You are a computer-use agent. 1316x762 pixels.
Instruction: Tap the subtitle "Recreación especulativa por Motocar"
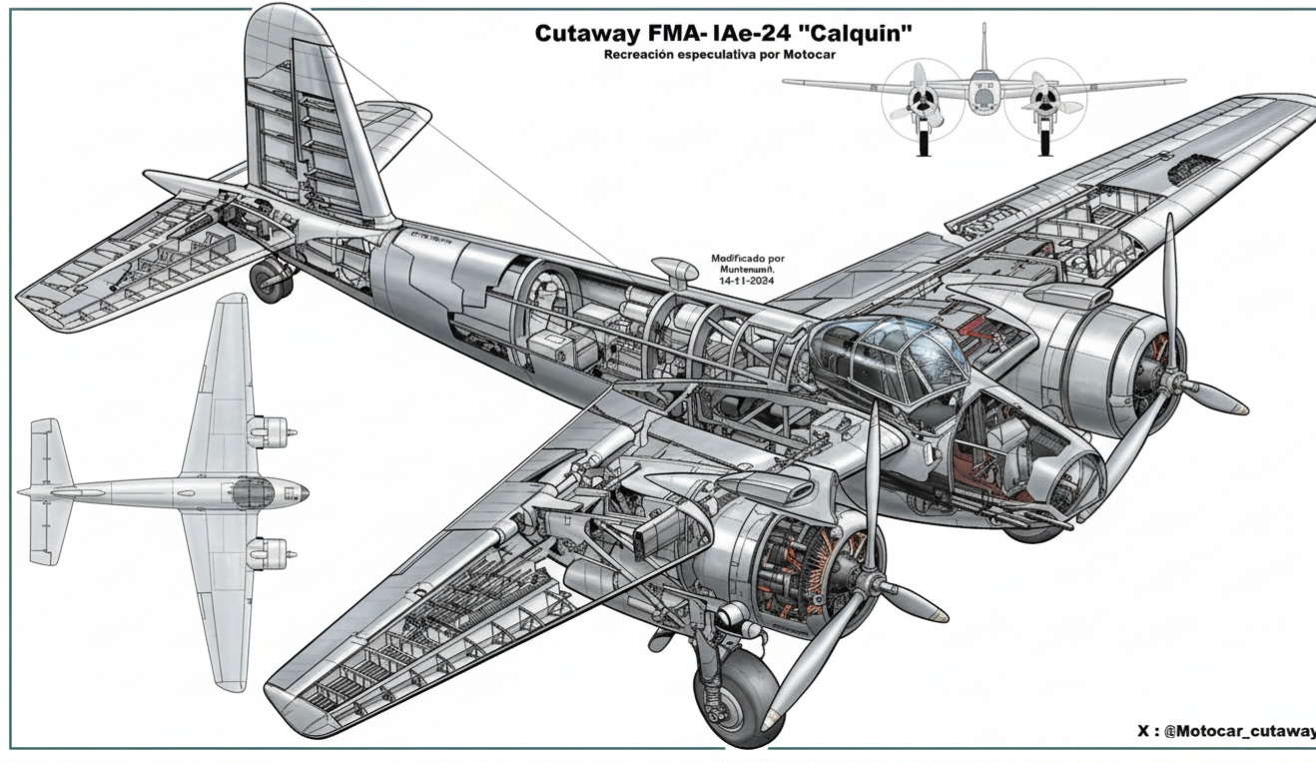tap(719, 55)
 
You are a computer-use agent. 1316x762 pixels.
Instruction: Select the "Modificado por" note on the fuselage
tap(748, 258)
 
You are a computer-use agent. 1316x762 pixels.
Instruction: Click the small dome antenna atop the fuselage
tap(675, 269)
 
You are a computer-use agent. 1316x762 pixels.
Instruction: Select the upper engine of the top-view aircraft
tap(267, 431)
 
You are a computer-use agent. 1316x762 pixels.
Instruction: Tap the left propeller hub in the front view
tap(923, 99)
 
